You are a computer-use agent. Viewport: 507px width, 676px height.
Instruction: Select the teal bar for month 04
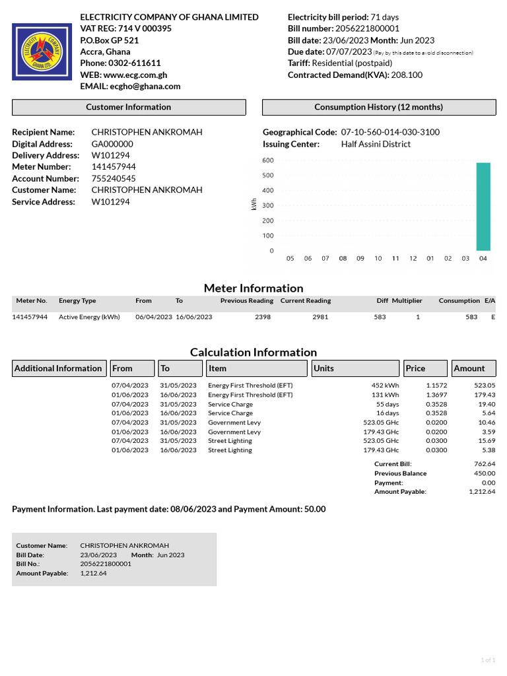[x=483, y=207]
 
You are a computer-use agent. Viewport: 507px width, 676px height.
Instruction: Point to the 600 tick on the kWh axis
[x=267, y=160]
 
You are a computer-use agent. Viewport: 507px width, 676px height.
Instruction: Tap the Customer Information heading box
[x=129, y=107]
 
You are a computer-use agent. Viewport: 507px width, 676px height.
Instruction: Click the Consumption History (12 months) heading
[x=379, y=107]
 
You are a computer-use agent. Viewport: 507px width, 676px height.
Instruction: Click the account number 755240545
[x=114, y=179]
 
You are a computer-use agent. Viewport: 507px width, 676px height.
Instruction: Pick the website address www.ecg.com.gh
[x=135, y=75]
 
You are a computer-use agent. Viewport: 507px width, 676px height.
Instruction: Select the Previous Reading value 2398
[x=263, y=317]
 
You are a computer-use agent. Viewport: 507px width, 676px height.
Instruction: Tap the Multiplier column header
[x=407, y=301]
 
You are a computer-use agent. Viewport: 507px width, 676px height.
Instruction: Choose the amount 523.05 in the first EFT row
[x=485, y=386]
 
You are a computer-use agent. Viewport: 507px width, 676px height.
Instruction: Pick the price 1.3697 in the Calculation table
[x=436, y=395]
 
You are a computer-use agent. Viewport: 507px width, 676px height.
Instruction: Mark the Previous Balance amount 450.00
[x=484, y=473]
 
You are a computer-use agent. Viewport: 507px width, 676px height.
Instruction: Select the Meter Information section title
[x=253, y=288]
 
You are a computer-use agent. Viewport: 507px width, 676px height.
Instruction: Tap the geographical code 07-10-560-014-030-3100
[x=390, y=132]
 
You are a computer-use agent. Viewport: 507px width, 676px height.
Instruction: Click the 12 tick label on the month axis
[x=413, y=259]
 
